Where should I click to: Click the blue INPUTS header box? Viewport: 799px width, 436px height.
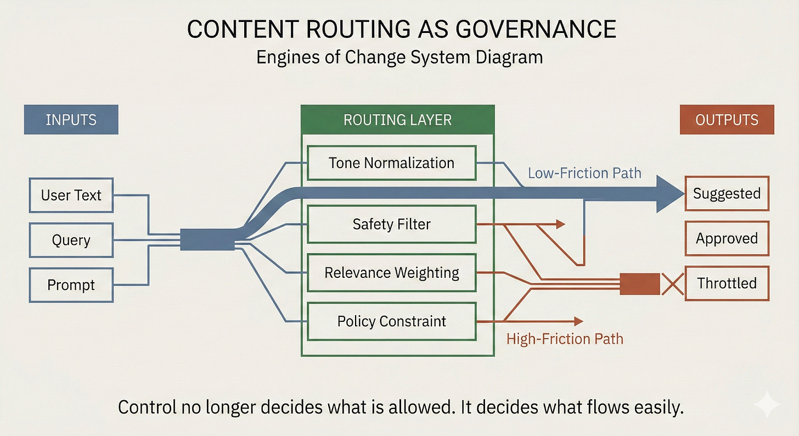(x=71, y=119)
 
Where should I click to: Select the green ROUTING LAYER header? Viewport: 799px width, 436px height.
(x=397, y=120)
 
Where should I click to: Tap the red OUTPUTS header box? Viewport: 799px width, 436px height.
(x=727, y=119)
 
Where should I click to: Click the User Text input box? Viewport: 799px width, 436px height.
(x=71, y=195)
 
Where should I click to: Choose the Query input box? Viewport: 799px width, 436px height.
(x=71, y=240)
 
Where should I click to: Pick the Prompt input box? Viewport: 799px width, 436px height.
(x=71, y=285)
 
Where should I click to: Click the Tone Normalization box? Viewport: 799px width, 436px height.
(x=391, y=163)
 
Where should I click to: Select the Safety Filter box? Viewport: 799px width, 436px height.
(x=391, y=224)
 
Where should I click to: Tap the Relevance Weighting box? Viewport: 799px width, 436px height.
(x=391, y=272)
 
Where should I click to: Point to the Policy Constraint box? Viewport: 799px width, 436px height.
(x=391, y=321)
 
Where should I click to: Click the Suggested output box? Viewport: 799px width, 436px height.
(x=727, y=193)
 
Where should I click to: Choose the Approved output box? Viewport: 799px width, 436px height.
(x=727, y=238)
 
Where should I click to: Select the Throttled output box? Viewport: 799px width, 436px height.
(x=727, y=283)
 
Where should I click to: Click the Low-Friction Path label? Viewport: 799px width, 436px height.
(x=584, y=173)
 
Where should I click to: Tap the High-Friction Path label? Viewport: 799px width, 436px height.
(x=565, y=338)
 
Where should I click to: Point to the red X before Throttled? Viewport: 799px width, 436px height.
(x=672, y=284)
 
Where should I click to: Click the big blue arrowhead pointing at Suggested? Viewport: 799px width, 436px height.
(x=669, y=193)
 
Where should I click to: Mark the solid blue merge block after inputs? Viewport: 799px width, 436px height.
(x=207, y=239)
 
